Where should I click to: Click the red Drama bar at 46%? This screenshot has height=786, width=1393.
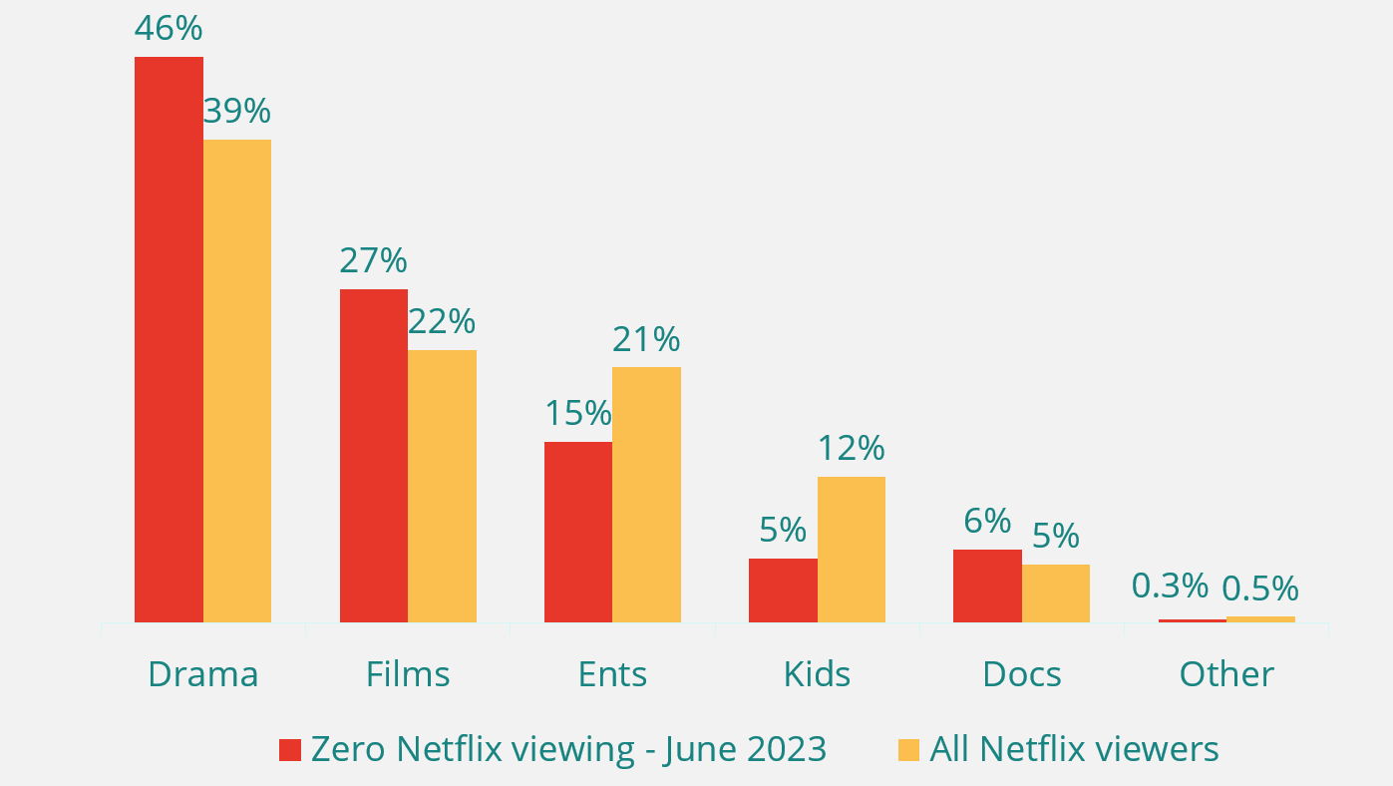tap(169, 339)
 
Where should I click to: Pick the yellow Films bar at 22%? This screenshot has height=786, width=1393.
tap(442, 486)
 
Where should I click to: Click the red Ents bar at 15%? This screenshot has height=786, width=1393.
tap(578, 532)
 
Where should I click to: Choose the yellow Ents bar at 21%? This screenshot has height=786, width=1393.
tap(646, 495)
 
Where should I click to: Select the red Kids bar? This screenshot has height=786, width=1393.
tap(783, 590)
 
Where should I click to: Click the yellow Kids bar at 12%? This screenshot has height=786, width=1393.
tap(852, 550)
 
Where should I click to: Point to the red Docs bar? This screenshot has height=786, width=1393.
tap(987, 586)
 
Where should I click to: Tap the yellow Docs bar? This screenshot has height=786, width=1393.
tap(1056, 593)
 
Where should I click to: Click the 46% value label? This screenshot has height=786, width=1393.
tap(169, 28)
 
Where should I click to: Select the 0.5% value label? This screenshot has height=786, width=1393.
tap(1260, 589)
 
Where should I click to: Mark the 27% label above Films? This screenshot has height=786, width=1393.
tap(373, 260)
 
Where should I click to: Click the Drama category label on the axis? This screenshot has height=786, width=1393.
tap(203, 674)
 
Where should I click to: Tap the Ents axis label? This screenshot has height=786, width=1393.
tap(612, 674)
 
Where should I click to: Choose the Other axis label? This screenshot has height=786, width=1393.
tap(1226, 674)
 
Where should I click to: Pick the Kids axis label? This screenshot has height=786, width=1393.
tap(817, 674)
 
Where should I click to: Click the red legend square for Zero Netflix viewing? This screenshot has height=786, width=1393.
tap(290, 750)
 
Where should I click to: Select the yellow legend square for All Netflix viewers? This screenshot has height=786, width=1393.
tap(908, 750)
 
